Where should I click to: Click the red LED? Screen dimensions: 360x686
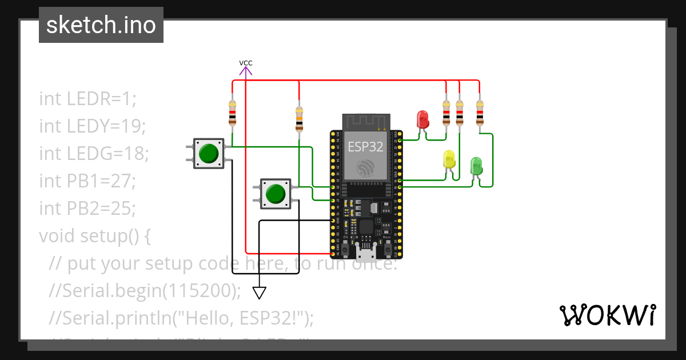pyautogui.click(x=423, y=119)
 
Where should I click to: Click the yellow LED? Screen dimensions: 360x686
pyautogui.click(x=450, y=159)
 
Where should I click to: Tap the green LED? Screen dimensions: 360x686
pyautogui.click(x=476, y=166)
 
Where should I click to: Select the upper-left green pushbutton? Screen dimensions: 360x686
pyautogui.click(x=209, y=153)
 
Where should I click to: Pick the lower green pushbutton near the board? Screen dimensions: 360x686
pyautogui.click(x=276, y=193)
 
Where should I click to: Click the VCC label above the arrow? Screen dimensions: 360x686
pyautogui.click(x=246, y=63)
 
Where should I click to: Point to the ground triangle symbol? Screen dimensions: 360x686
pyautogui.click(x=260, y=293)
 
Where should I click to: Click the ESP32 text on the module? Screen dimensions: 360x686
pyautogui.click(x=366, y=146)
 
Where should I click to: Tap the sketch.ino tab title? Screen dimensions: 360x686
pyautogui.click(x=101, y=25)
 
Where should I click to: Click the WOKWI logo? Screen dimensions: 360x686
pyautogui.click(x=607, y=315)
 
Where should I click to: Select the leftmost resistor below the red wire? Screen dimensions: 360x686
pyautogui.click(x=232, y=113)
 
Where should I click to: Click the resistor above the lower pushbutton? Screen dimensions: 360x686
pyautogui.click(x=299, y=119)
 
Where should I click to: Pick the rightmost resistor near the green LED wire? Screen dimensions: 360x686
pyautogui.click(x=479, y=113)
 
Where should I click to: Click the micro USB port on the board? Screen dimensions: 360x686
pyautogui.click(x=365, y=251)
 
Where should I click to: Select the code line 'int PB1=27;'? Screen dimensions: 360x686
pyautogui.click(x=87, y=181)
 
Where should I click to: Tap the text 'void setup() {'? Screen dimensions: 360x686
pyautogui.click(x=94, y=235)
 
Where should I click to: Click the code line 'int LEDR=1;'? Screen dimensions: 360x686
pyautogui.click(x=88, y=98)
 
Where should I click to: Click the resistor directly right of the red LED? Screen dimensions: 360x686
pyautogui.click(x=446, y=113)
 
